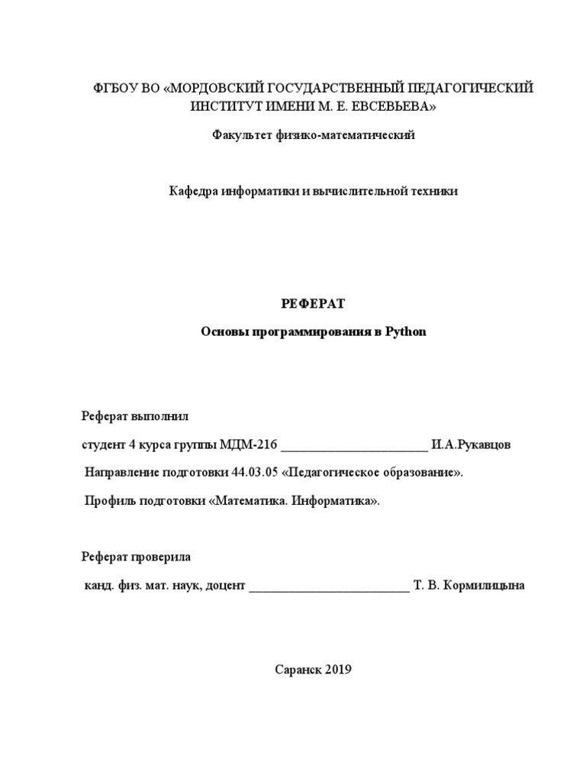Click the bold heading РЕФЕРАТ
point(313,304)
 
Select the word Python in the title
point(406,332)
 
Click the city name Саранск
point(298,670)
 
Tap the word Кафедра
point(194,191)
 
